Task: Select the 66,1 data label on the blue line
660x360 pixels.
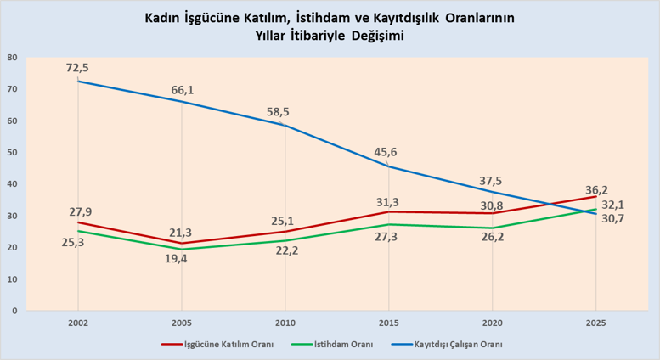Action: tap(182, 89)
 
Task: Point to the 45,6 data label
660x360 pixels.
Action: tap(387, 152)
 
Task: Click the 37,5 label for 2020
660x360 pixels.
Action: tap(491, 180)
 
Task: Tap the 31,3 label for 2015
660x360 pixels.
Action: tap(387, 201)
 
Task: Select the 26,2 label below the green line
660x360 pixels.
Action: tap(491, 238)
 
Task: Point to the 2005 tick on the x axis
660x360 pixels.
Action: tap(181, 323)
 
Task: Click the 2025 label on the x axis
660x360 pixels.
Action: tap(595, 323)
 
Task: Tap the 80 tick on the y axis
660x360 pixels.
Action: tap(12, 58)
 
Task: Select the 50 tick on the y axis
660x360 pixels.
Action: tap(12, 153)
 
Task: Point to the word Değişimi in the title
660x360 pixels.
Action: tap(376, 36)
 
